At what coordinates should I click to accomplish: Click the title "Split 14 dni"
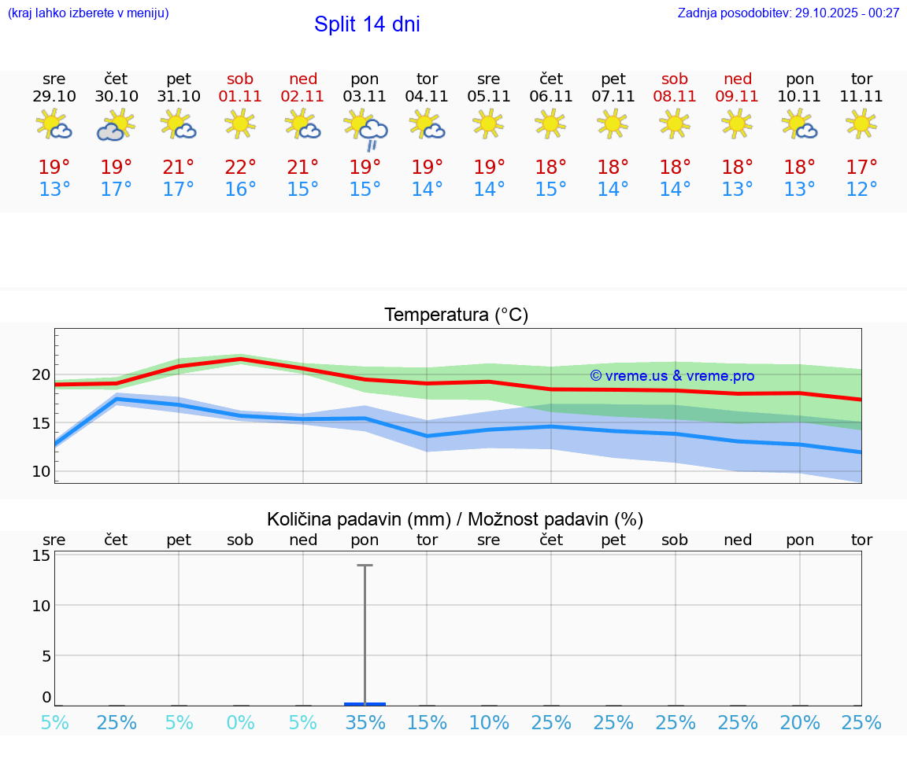pos(367,24)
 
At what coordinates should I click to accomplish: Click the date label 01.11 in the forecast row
pos(240,97)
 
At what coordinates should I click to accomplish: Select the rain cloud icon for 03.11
pos(366,129)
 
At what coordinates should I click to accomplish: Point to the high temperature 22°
pos(240,167)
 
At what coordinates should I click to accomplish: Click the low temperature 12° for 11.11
pos(861,190)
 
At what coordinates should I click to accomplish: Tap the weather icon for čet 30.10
pos(116,125)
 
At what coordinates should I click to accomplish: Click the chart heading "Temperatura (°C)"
pos(456,315)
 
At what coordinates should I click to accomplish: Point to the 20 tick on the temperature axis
pos(41,374)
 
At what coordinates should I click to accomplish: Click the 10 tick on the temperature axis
pos(41,471)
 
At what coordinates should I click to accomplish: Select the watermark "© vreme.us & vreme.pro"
pos(672,376)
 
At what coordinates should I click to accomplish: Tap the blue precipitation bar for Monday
pos(365,703)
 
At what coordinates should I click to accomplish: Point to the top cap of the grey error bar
pos(365,565)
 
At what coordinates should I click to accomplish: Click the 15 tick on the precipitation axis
pos(41,555)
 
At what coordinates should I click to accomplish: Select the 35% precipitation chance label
pos(365,722)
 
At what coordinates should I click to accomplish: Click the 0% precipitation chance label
pos(240,722)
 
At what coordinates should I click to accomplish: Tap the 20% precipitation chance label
pos(800,722)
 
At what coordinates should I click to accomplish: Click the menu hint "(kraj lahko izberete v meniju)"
pos(88,13)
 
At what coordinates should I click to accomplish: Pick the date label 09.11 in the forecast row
pos(737,97)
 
